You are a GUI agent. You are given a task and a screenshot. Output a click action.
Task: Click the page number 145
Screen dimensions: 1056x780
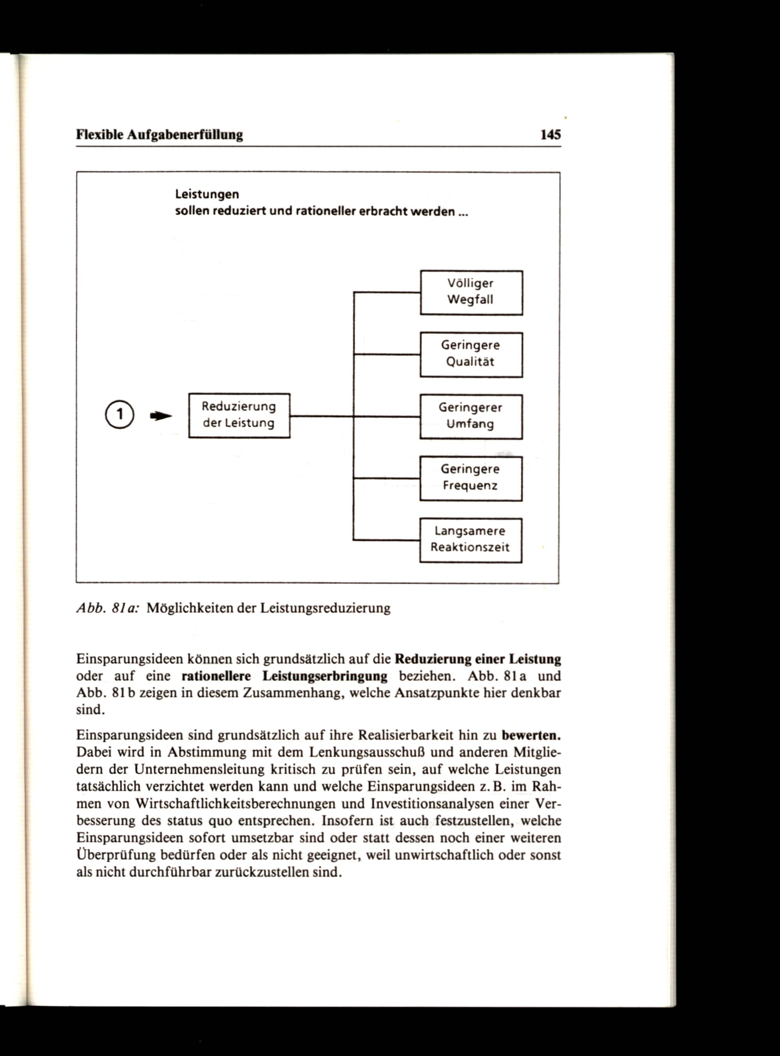(551, 135)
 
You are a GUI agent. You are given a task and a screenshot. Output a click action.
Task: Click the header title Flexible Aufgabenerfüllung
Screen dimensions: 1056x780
(160, 135)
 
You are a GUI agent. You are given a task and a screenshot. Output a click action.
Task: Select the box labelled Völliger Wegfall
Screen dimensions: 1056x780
(471, 292)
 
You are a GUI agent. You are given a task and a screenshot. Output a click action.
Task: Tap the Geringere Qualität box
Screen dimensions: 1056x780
(471, 354)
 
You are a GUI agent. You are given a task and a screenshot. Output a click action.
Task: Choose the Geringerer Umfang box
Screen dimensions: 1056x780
(471, 417)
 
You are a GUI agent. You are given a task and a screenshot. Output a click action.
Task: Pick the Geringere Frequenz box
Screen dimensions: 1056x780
(471, 478)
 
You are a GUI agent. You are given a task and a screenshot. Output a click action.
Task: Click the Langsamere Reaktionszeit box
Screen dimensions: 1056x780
(471, 540)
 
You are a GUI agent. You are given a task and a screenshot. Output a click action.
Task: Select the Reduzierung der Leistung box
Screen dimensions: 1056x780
(239, 415)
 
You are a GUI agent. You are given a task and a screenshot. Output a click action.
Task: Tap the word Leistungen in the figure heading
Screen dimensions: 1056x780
(207, 195)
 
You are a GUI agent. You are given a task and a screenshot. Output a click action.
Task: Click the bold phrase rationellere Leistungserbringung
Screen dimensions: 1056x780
(284, 677)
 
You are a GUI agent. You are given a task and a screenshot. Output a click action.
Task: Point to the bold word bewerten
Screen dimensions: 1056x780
(531, 735)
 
